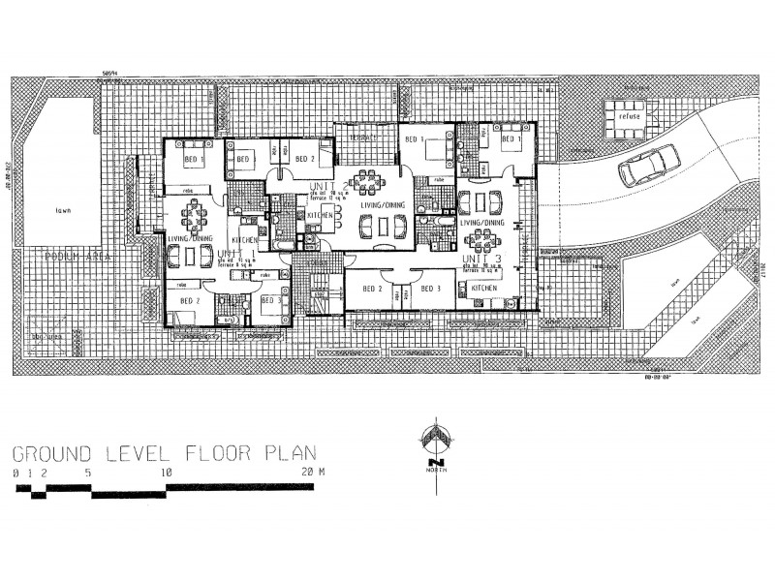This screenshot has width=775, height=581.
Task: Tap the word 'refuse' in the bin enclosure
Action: point(620,117)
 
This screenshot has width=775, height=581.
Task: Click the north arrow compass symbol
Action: point(438,440)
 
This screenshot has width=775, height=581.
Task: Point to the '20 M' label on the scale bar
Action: point(311,474)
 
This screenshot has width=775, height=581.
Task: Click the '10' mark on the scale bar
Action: point(167,474)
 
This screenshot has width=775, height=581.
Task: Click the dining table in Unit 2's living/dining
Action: point(366,180)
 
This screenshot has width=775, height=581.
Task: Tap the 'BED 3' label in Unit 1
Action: point(271,301)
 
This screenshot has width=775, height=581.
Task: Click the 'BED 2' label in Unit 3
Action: point(371,289)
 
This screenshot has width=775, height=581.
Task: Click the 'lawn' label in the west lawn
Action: point(65,207)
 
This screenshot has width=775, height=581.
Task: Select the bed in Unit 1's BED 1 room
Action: point(208,159)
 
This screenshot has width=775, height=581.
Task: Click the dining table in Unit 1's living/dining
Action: point(193,212)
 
